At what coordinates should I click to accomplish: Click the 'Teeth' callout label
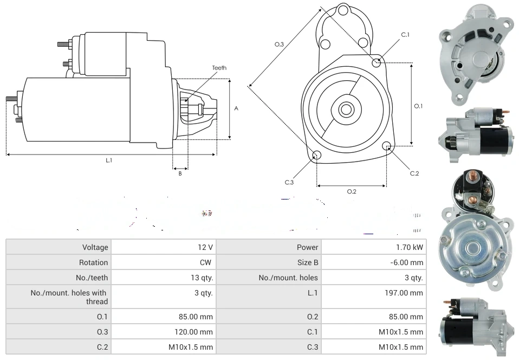219,68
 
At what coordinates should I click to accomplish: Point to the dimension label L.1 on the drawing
109,160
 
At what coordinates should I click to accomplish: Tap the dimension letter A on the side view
236,108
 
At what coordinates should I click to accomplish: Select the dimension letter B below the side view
180,173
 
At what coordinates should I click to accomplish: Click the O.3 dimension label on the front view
279,44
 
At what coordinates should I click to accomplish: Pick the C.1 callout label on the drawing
405,35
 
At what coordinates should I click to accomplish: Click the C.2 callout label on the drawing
414,173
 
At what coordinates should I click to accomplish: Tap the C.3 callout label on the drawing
289,182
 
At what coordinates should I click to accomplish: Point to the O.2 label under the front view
352,191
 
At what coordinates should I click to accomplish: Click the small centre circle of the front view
345,110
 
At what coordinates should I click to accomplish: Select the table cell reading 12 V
205,247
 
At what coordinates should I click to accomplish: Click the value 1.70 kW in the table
410,247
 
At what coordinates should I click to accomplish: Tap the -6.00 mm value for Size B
407,262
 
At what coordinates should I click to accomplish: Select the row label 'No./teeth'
92,278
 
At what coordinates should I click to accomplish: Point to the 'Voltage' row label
95,247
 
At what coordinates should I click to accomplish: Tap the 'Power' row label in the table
307,247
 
